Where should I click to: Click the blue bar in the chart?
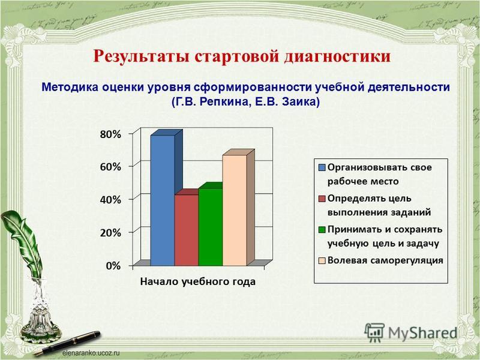click(x=162, y=201)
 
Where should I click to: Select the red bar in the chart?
click(x=186, y=230)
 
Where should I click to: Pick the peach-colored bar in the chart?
click(x=234, y=210)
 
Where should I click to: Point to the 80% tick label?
click(x=110, y=136)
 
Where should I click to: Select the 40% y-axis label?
click(x=110, y=199)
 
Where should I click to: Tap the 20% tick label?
click(x=110, y=231)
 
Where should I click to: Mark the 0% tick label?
click(x=113, y=264)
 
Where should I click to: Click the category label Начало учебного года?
click(x=198, y=281)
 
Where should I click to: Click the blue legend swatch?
click(x=322, y=167)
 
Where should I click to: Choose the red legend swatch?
click(x=322, y=198)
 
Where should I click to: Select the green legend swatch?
click(x=322, y=229)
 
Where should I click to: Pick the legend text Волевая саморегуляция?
click(x=385, y=260)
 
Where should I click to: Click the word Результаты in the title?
click(x=140, y=56)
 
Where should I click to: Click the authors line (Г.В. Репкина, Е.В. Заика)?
click(x=246, y=101)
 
